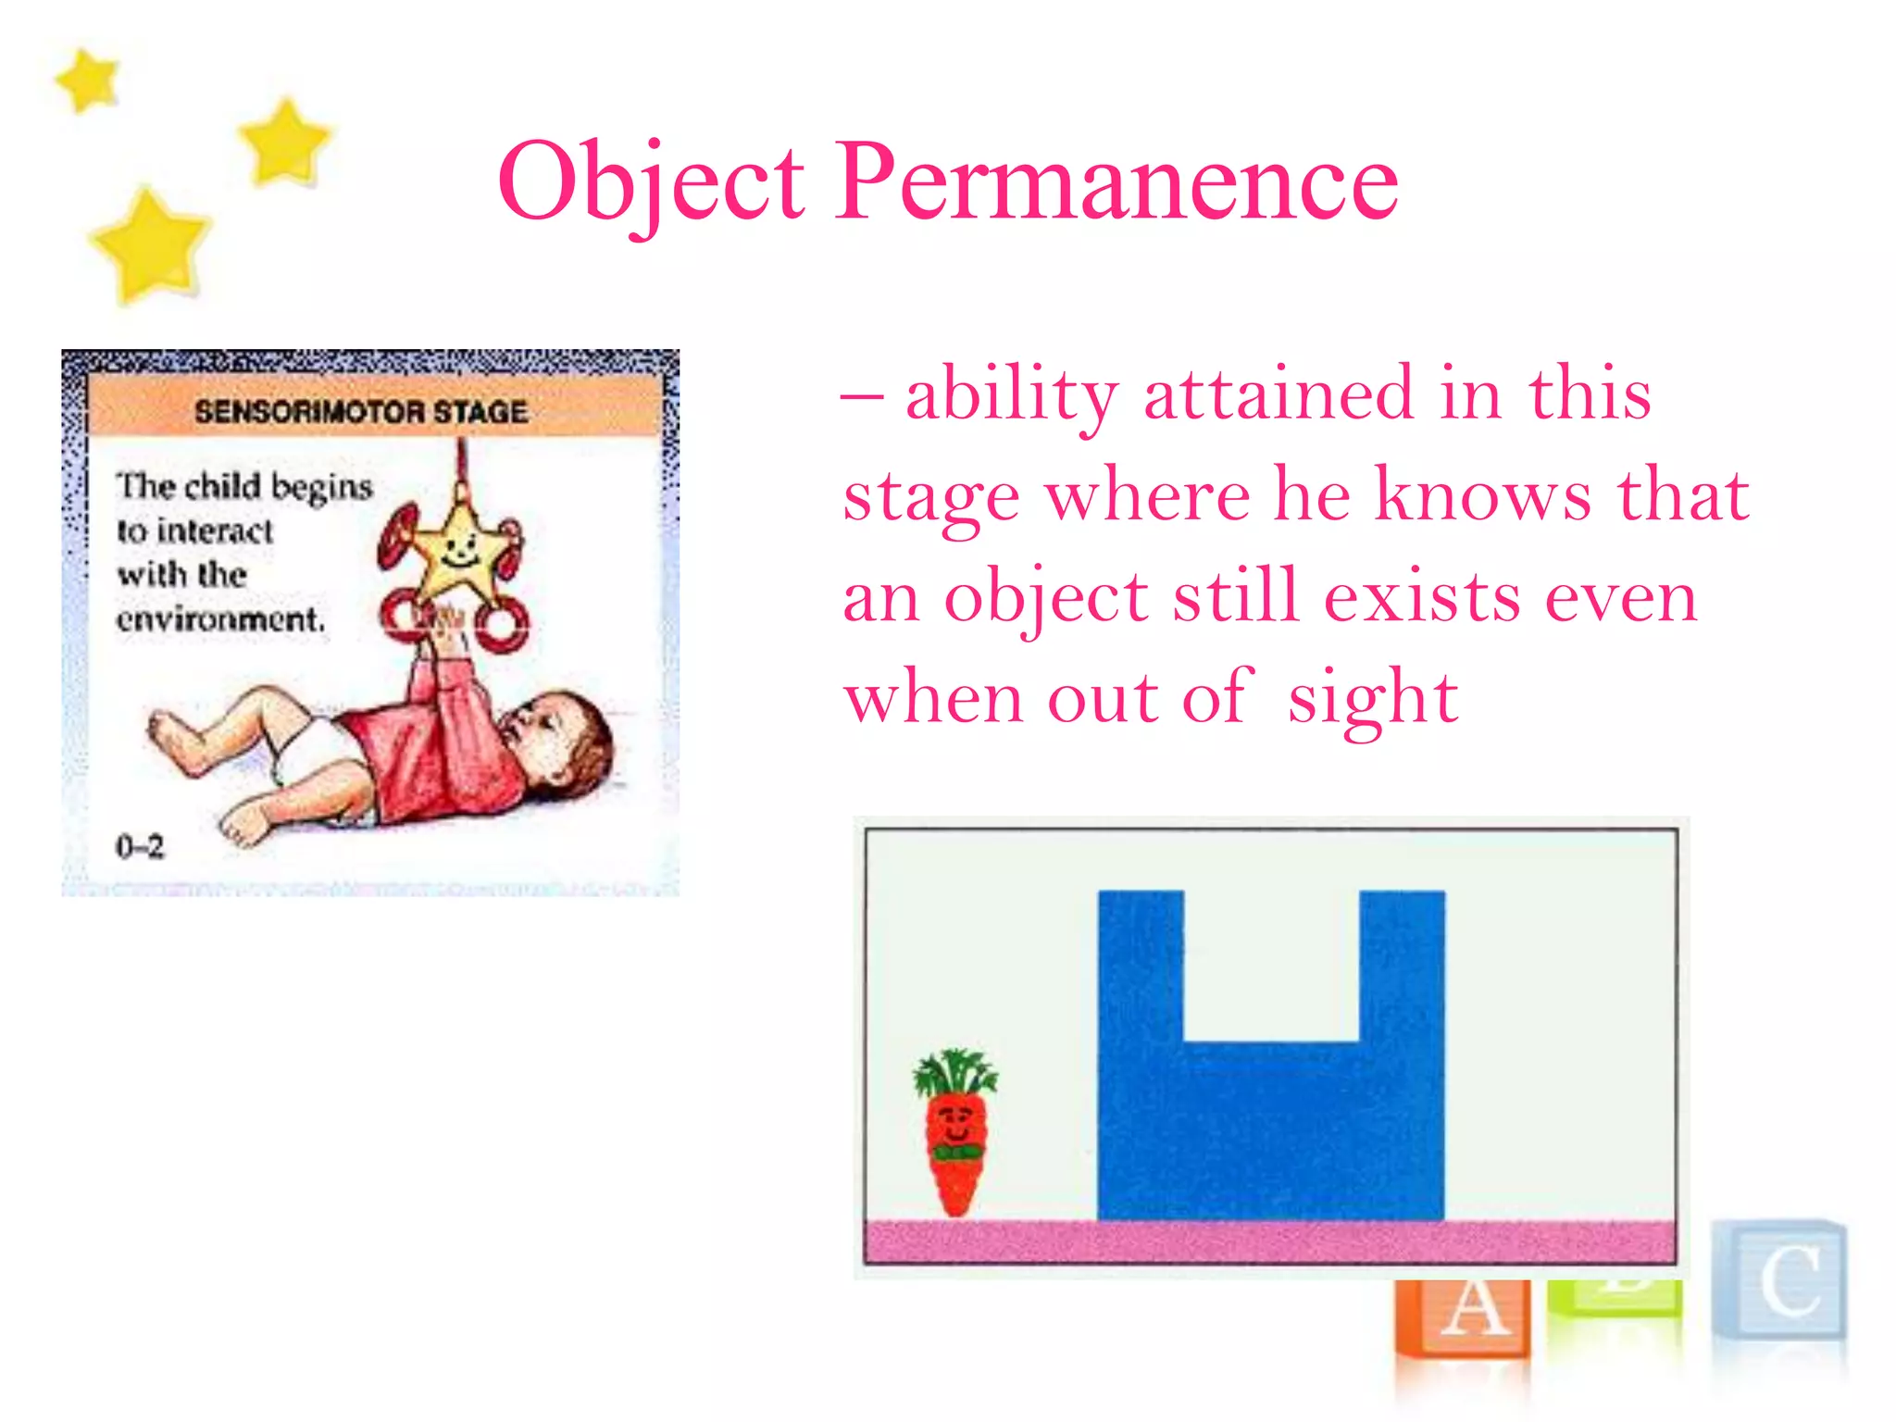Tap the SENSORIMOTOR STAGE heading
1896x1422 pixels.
[361, 411]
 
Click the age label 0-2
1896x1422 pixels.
[139, 846]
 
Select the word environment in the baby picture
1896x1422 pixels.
[220, 618]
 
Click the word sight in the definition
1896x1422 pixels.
[1373, 699]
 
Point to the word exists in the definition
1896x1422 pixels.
[1422, 597]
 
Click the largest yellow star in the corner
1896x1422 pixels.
[149, 245]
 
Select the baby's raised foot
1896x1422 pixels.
[171, 731]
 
